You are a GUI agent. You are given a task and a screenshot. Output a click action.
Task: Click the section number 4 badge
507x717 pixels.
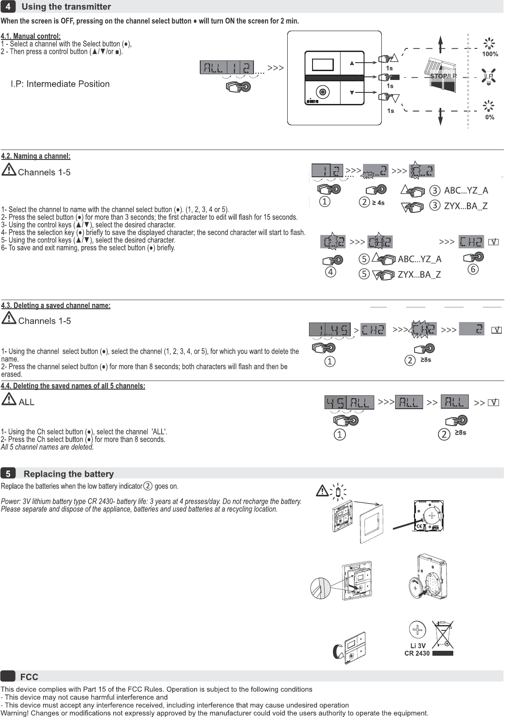coord(8,7)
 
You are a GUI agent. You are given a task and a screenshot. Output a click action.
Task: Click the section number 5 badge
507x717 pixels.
coord(8,474)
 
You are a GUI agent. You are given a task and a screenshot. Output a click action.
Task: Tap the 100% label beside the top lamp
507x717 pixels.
coord(490,54)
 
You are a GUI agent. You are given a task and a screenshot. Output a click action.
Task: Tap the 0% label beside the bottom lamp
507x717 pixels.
coord(490,117)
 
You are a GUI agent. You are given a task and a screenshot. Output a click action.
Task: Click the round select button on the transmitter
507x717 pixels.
coord(323,92)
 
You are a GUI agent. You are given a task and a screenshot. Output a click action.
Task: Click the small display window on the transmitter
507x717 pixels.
coord(323,65)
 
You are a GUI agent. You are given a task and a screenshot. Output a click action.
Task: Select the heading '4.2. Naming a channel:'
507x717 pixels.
coord(36,156)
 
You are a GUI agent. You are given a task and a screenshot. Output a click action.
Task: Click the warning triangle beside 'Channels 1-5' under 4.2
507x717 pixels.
coord(9,170)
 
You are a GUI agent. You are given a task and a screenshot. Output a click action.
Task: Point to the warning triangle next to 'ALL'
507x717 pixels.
coord(9,400)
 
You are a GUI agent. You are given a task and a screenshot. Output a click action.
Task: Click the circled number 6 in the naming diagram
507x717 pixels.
coord(473,269)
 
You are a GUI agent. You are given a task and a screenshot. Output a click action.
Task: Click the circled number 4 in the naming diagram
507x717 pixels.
coord(330,272)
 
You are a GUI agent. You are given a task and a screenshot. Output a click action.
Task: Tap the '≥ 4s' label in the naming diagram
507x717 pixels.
coord(378,203)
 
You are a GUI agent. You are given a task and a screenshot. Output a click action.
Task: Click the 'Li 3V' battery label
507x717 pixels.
coord(418,645)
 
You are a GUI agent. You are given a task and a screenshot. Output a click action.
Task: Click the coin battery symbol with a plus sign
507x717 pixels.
coord(417,630)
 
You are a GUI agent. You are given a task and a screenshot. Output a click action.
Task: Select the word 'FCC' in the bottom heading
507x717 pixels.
coord(29,677)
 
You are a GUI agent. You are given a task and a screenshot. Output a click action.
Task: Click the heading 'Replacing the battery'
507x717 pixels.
coord(68,474)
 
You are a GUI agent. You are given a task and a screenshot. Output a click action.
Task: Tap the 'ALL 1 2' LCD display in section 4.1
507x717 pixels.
coord(227,68)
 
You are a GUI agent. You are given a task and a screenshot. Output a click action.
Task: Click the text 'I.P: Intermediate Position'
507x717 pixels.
coord(60,84)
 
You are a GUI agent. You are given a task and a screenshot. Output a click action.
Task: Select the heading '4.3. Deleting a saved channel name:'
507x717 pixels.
coord(56,306)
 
